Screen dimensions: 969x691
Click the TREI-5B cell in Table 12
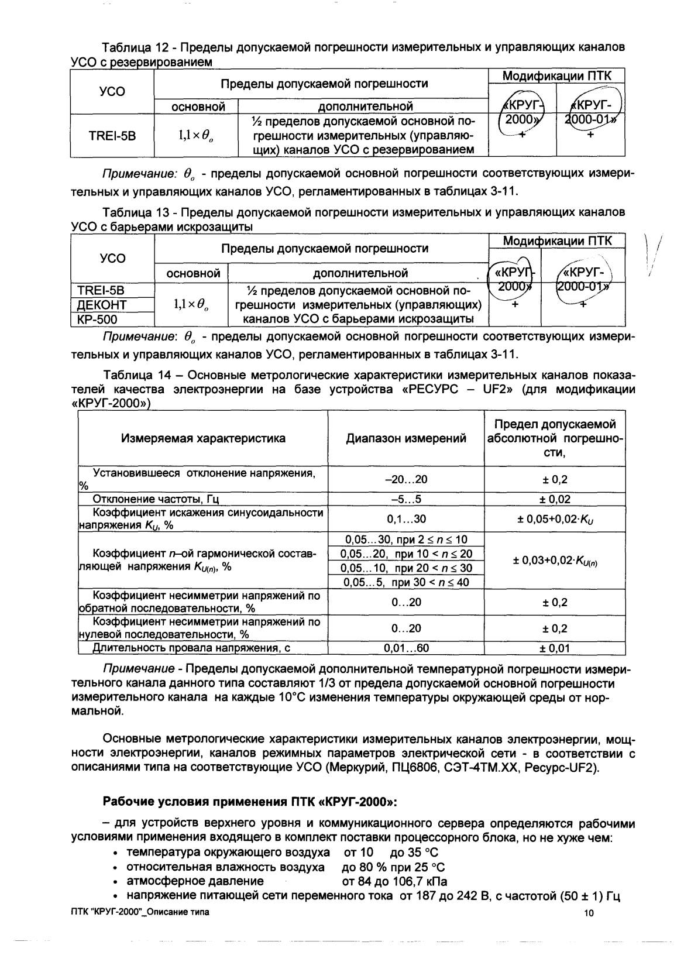(112, 136)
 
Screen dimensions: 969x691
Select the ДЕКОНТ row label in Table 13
(102, 305)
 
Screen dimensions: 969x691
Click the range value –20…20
(406, 480)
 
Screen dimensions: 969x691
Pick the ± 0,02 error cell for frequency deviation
(554, 500)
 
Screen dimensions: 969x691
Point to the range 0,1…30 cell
(406, 519)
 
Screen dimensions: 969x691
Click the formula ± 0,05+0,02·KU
(554, 519)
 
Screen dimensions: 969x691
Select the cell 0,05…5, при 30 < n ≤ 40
(406, 583)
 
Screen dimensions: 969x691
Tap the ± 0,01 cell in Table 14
(554, 648)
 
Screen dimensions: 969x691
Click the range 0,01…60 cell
(406, 648)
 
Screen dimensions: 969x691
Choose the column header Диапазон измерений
(406, 438)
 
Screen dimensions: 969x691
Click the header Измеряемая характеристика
(203, 438)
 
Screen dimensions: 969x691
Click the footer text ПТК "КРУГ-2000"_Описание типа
(139, 912)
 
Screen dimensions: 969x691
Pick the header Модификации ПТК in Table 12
(557, 76)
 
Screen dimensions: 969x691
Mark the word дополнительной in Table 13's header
(360, 273)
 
